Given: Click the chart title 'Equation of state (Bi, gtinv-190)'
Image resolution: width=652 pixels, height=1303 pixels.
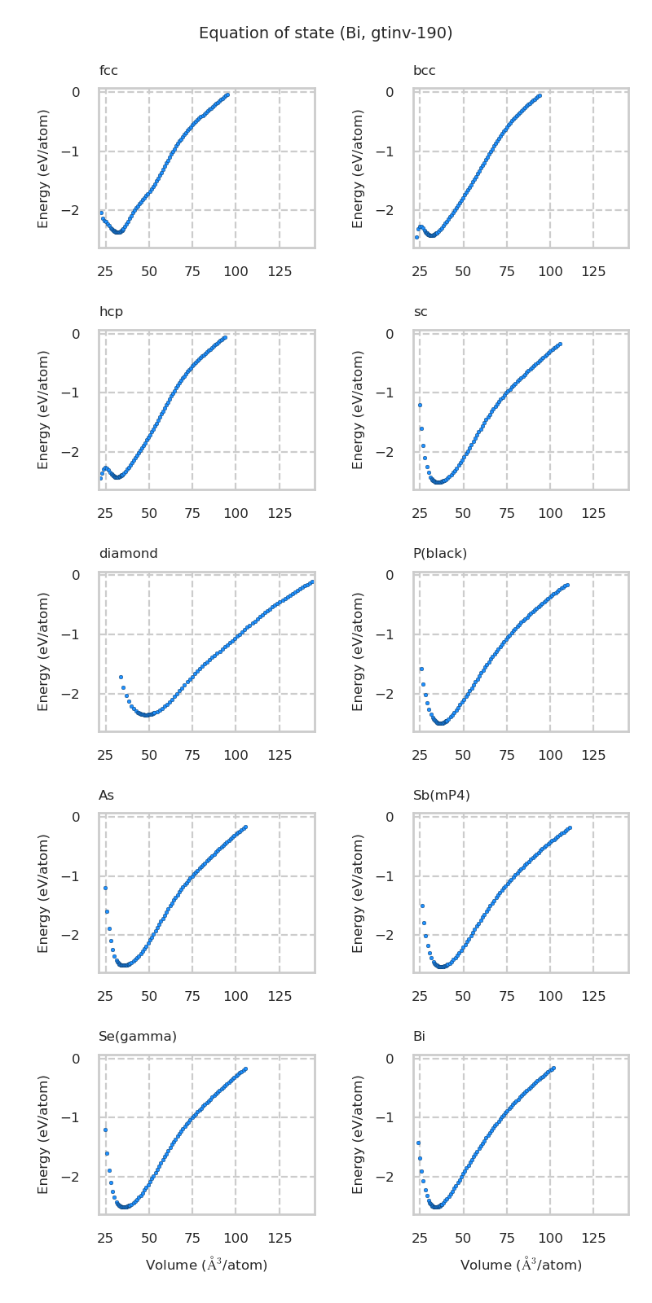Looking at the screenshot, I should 325,33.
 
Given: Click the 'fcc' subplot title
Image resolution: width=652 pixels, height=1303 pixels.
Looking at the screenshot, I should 108,71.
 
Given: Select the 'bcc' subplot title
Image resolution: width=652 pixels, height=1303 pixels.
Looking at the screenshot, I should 424,71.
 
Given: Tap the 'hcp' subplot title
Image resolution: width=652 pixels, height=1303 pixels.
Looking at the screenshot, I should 111,312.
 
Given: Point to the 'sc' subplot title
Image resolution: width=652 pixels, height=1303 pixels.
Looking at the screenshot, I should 420,312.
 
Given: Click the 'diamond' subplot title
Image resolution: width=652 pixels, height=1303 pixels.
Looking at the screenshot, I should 128,554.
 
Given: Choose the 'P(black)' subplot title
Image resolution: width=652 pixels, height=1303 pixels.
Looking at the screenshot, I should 439,554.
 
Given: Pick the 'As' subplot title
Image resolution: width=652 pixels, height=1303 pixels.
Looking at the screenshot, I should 106,796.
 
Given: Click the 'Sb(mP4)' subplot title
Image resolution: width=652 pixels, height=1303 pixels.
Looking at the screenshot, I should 441,796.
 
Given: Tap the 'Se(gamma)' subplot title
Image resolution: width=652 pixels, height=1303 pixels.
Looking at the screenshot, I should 137,1037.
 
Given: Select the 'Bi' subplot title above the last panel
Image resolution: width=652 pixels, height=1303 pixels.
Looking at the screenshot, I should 419,1037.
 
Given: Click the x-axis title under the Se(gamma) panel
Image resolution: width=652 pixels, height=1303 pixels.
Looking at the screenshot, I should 206,1265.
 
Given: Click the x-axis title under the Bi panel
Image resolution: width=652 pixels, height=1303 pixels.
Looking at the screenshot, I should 521,1265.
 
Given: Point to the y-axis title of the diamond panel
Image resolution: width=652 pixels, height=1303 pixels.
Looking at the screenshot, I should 44,651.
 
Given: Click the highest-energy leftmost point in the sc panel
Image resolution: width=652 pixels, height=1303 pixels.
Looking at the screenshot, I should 420,405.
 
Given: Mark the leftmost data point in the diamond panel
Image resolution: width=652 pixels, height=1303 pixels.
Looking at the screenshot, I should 121,677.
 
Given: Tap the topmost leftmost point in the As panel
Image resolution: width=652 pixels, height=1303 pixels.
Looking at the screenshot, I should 105,888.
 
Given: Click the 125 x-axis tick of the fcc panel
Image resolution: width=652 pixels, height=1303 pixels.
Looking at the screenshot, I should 280,271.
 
